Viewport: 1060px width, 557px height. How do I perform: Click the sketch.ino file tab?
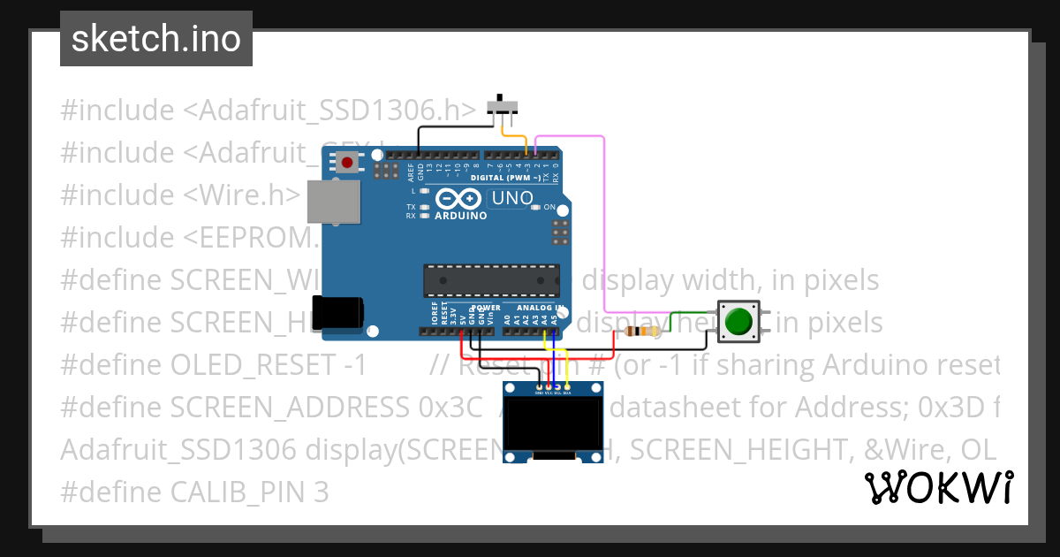click(x=155, y=39)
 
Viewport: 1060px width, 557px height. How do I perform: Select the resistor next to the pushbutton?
click(x=641, y=332)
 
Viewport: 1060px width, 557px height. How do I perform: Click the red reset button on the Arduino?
click(x=349, y=163)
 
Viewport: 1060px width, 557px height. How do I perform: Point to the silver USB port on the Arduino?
click(x=333, y=202)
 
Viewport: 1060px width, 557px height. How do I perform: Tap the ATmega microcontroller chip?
click(x=490, y=279)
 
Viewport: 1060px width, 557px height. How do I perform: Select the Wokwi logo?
click(x=938, y=487)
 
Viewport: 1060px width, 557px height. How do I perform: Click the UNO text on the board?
click(x=511, y=198)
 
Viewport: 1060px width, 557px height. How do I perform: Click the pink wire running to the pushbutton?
click(x=603, y=221)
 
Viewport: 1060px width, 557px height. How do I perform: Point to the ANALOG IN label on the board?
click(x=540, y=308)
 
